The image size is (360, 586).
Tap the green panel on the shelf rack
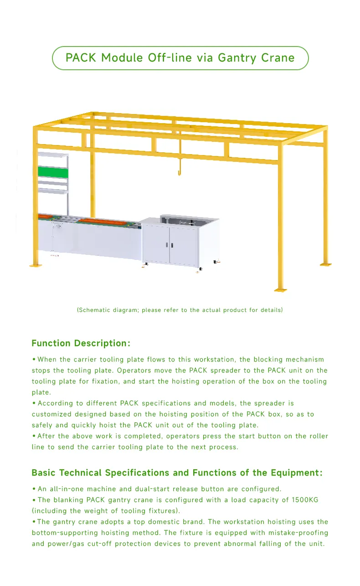pos(53,172)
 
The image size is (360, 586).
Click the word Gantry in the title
pos(237,58)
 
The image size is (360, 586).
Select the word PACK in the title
pos(81,58)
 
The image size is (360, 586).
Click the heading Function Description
pos(81,343)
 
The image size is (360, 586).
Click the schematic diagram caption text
pos(180,310)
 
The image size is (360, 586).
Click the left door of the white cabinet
pos(156,245)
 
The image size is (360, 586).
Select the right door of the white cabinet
pos(183,245)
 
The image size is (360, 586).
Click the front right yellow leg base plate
pos(281,289)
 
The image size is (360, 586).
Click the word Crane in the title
pos(278,58)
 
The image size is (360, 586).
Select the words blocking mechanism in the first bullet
pos(288,359)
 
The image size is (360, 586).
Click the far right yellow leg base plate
pos(325,264)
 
